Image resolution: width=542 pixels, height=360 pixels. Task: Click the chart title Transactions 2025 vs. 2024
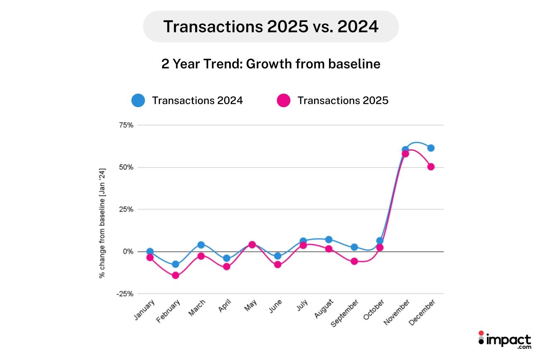[271, 27]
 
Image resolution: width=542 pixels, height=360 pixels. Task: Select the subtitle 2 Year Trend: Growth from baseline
[271, 64]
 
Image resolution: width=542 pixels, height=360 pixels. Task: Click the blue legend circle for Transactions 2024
[138, 100]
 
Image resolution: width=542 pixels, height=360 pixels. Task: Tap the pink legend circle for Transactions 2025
[283, 100]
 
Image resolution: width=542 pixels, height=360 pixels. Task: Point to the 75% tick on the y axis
[126, 125]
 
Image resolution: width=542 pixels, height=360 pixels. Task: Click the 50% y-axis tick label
[126, 167]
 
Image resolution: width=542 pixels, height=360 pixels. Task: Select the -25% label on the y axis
[124, 294]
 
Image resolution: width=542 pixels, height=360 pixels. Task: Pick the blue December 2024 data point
[431, 148]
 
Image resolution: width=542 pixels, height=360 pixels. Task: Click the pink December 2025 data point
[431, 167]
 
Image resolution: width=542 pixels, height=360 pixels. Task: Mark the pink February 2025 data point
[175, 275]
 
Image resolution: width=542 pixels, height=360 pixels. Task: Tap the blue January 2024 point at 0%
[150, 251]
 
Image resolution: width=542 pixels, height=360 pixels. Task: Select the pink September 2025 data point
[354, 261]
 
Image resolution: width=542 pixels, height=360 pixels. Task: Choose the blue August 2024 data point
[329, 239]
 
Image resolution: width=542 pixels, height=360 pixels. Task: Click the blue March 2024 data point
[201, 245]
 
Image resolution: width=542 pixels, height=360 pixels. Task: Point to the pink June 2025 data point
[278, 265]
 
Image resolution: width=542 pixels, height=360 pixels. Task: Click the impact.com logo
[504, 340]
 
